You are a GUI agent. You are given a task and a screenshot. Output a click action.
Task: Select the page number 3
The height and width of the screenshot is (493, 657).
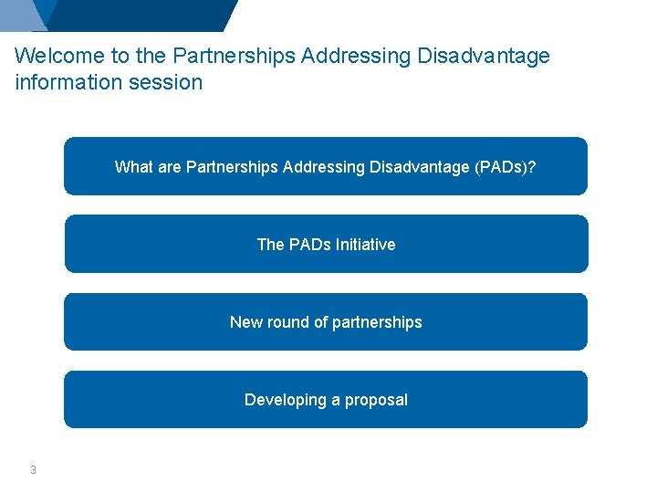(x=33, y=470)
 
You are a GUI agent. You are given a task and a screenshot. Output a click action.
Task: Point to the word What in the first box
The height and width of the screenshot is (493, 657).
(x=133, y=167)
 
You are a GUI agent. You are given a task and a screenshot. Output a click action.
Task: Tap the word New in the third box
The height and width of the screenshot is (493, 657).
(x=245, y=322)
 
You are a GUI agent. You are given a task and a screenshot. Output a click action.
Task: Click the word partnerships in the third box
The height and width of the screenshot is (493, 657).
(x=377, y=322)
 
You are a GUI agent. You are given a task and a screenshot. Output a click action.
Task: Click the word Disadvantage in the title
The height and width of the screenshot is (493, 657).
(x=484, y=56)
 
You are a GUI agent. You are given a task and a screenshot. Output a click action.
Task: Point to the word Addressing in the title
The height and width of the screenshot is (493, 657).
(x=356, y=56)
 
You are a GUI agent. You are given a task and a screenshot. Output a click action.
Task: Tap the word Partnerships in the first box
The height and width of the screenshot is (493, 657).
(x=232, y=167)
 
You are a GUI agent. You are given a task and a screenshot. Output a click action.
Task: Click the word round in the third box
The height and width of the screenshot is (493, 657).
(x=287, y=322)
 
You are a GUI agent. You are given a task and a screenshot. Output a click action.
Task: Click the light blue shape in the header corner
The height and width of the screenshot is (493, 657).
(x=20, y=14)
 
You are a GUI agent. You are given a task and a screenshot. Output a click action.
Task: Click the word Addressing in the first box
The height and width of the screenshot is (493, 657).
(x=324, y=167)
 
